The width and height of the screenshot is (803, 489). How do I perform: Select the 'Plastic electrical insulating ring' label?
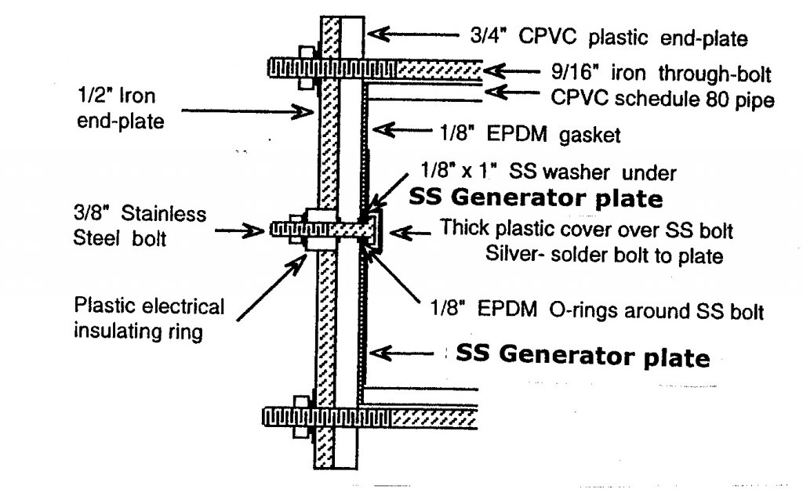tap(148, 317)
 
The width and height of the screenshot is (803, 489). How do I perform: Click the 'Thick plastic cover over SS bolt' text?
tap(587, 230)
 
